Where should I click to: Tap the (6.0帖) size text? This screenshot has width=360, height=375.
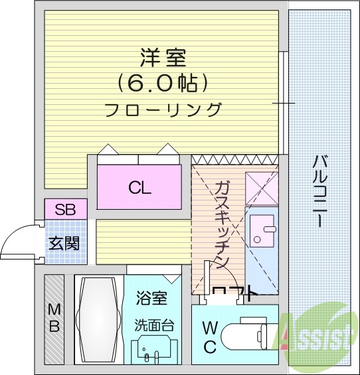tap(163, 82)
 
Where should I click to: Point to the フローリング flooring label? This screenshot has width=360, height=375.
tap(163, 110)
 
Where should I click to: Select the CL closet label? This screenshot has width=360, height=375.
tap(139, 187)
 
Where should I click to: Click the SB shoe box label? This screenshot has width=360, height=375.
tap(65, 210)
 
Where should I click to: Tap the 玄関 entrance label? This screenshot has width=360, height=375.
tap(64, 243)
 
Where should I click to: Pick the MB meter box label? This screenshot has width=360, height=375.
tap(54, 318)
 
